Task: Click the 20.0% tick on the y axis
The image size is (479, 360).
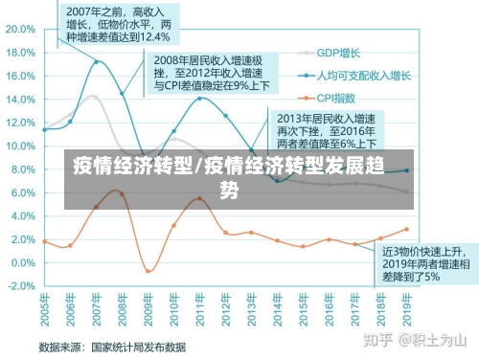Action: click(19, 29)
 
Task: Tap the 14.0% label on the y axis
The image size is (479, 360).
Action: click(19, 92)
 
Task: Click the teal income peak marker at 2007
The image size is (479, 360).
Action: click(97, 62)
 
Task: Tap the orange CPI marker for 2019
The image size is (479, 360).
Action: click(406, 230)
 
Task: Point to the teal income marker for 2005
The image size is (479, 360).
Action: click(45, 129)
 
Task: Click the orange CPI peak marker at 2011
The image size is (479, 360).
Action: click(199, 198)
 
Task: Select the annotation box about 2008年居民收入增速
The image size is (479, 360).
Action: click(211, 73)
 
